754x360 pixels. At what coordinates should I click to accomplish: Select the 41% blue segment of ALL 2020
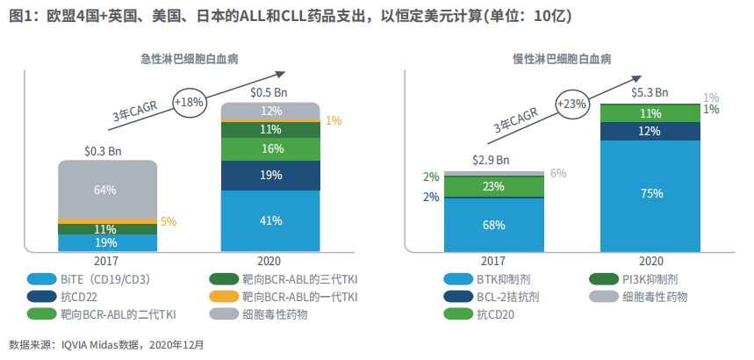tap(269, 220)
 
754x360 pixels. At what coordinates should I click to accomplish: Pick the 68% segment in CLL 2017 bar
tap(493, 225)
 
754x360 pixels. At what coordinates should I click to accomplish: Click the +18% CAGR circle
tap(190, 102)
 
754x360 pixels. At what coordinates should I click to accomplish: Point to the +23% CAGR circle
tap(571, 103)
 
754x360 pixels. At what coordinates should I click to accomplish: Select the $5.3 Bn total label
tap(651, 92)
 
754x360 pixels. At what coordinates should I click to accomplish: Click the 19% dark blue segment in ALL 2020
tap(269, 176)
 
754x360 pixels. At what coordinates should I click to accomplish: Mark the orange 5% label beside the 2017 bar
tap(169, 222)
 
